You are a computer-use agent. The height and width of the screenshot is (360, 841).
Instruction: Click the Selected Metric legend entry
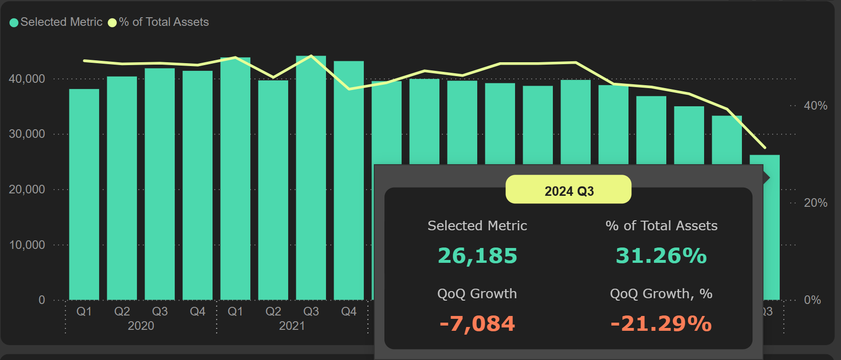(56, 22)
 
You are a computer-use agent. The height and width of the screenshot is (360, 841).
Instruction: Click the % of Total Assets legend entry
(159, 22)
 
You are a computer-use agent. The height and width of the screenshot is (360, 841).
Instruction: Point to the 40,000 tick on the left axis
(27, 79)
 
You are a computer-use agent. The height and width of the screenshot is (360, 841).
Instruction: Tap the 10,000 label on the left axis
(27, 245)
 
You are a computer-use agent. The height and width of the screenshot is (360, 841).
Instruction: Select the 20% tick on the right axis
(816, 203)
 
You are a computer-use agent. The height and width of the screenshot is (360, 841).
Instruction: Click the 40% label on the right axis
(816, 106)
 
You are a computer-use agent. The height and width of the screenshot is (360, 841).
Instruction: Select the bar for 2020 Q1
(84, 194)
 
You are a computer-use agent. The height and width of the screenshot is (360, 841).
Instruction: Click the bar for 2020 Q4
(198, 185)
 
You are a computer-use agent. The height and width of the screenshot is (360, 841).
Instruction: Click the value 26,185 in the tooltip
(477, 256)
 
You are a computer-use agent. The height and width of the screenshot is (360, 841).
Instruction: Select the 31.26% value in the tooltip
(661, 256)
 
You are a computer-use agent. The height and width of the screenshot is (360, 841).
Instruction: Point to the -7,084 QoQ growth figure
(477, 324)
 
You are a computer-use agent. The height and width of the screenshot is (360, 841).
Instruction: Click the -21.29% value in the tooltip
(661, 324)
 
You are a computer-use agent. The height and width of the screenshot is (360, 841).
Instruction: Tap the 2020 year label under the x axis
(141, 326)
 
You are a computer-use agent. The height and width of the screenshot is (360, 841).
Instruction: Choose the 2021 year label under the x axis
(292, 326)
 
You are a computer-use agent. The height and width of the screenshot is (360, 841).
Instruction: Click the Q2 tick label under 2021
(273, 312)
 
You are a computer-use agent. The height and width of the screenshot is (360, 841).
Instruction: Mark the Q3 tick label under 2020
(160, 312)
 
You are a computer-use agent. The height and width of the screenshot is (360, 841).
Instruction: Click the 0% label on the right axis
(812, 300)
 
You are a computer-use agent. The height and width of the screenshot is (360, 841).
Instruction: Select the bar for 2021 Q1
(235, 179)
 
